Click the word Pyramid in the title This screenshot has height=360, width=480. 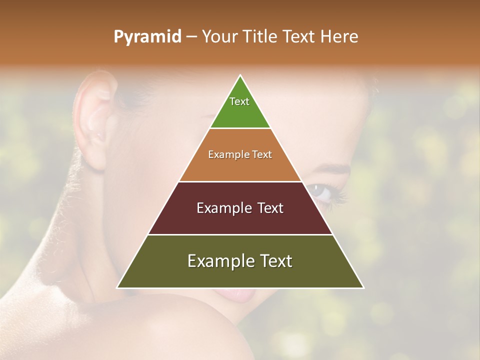pyautogui.click(x=147, y=37)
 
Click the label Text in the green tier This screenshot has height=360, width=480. pyautogui.click(x=239, y=101)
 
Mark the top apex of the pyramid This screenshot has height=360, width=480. pyautogui.click(x=240, y=76)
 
